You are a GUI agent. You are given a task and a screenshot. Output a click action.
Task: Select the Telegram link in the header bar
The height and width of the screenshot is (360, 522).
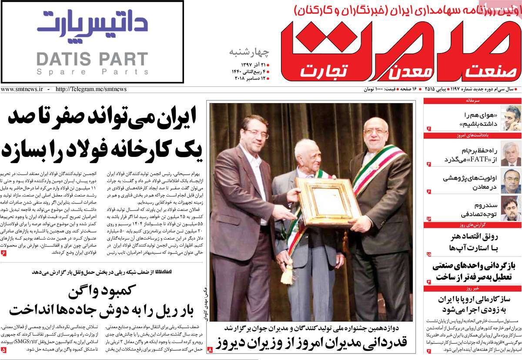coord(91,89)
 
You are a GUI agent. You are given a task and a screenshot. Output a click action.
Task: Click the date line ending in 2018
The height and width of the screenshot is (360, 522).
coord(248,78)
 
